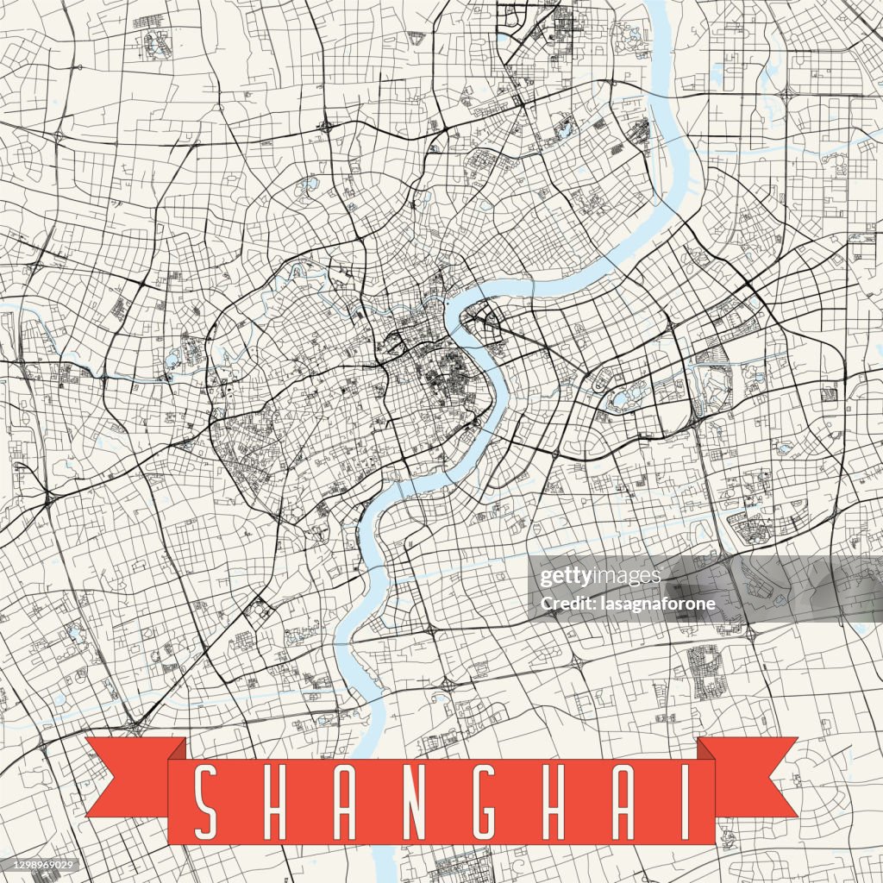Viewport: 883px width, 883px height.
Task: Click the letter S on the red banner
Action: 205,802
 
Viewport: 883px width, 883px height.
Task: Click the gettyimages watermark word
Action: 600,577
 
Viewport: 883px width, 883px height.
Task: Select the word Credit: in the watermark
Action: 566,604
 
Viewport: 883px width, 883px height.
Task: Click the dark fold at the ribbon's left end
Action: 177,749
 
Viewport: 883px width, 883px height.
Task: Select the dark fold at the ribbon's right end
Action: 706,749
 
